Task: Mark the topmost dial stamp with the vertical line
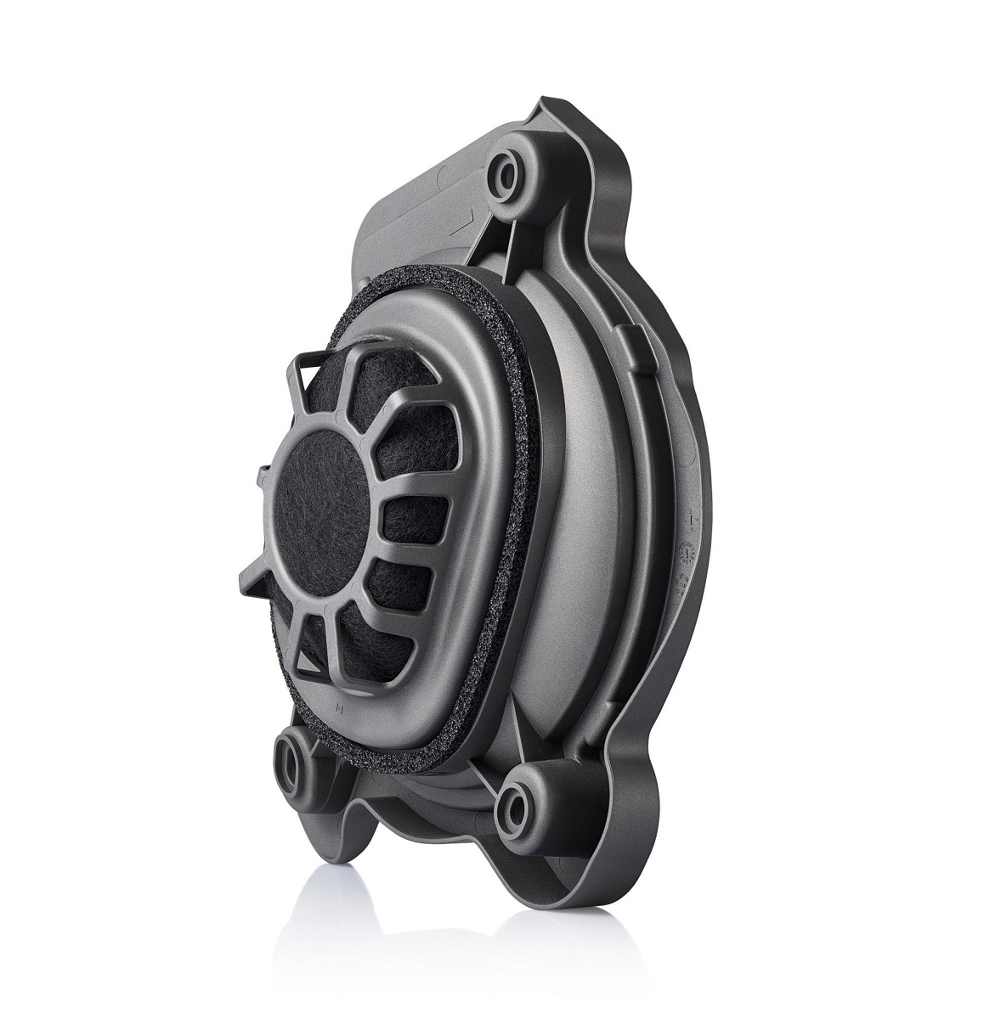[693, 516]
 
